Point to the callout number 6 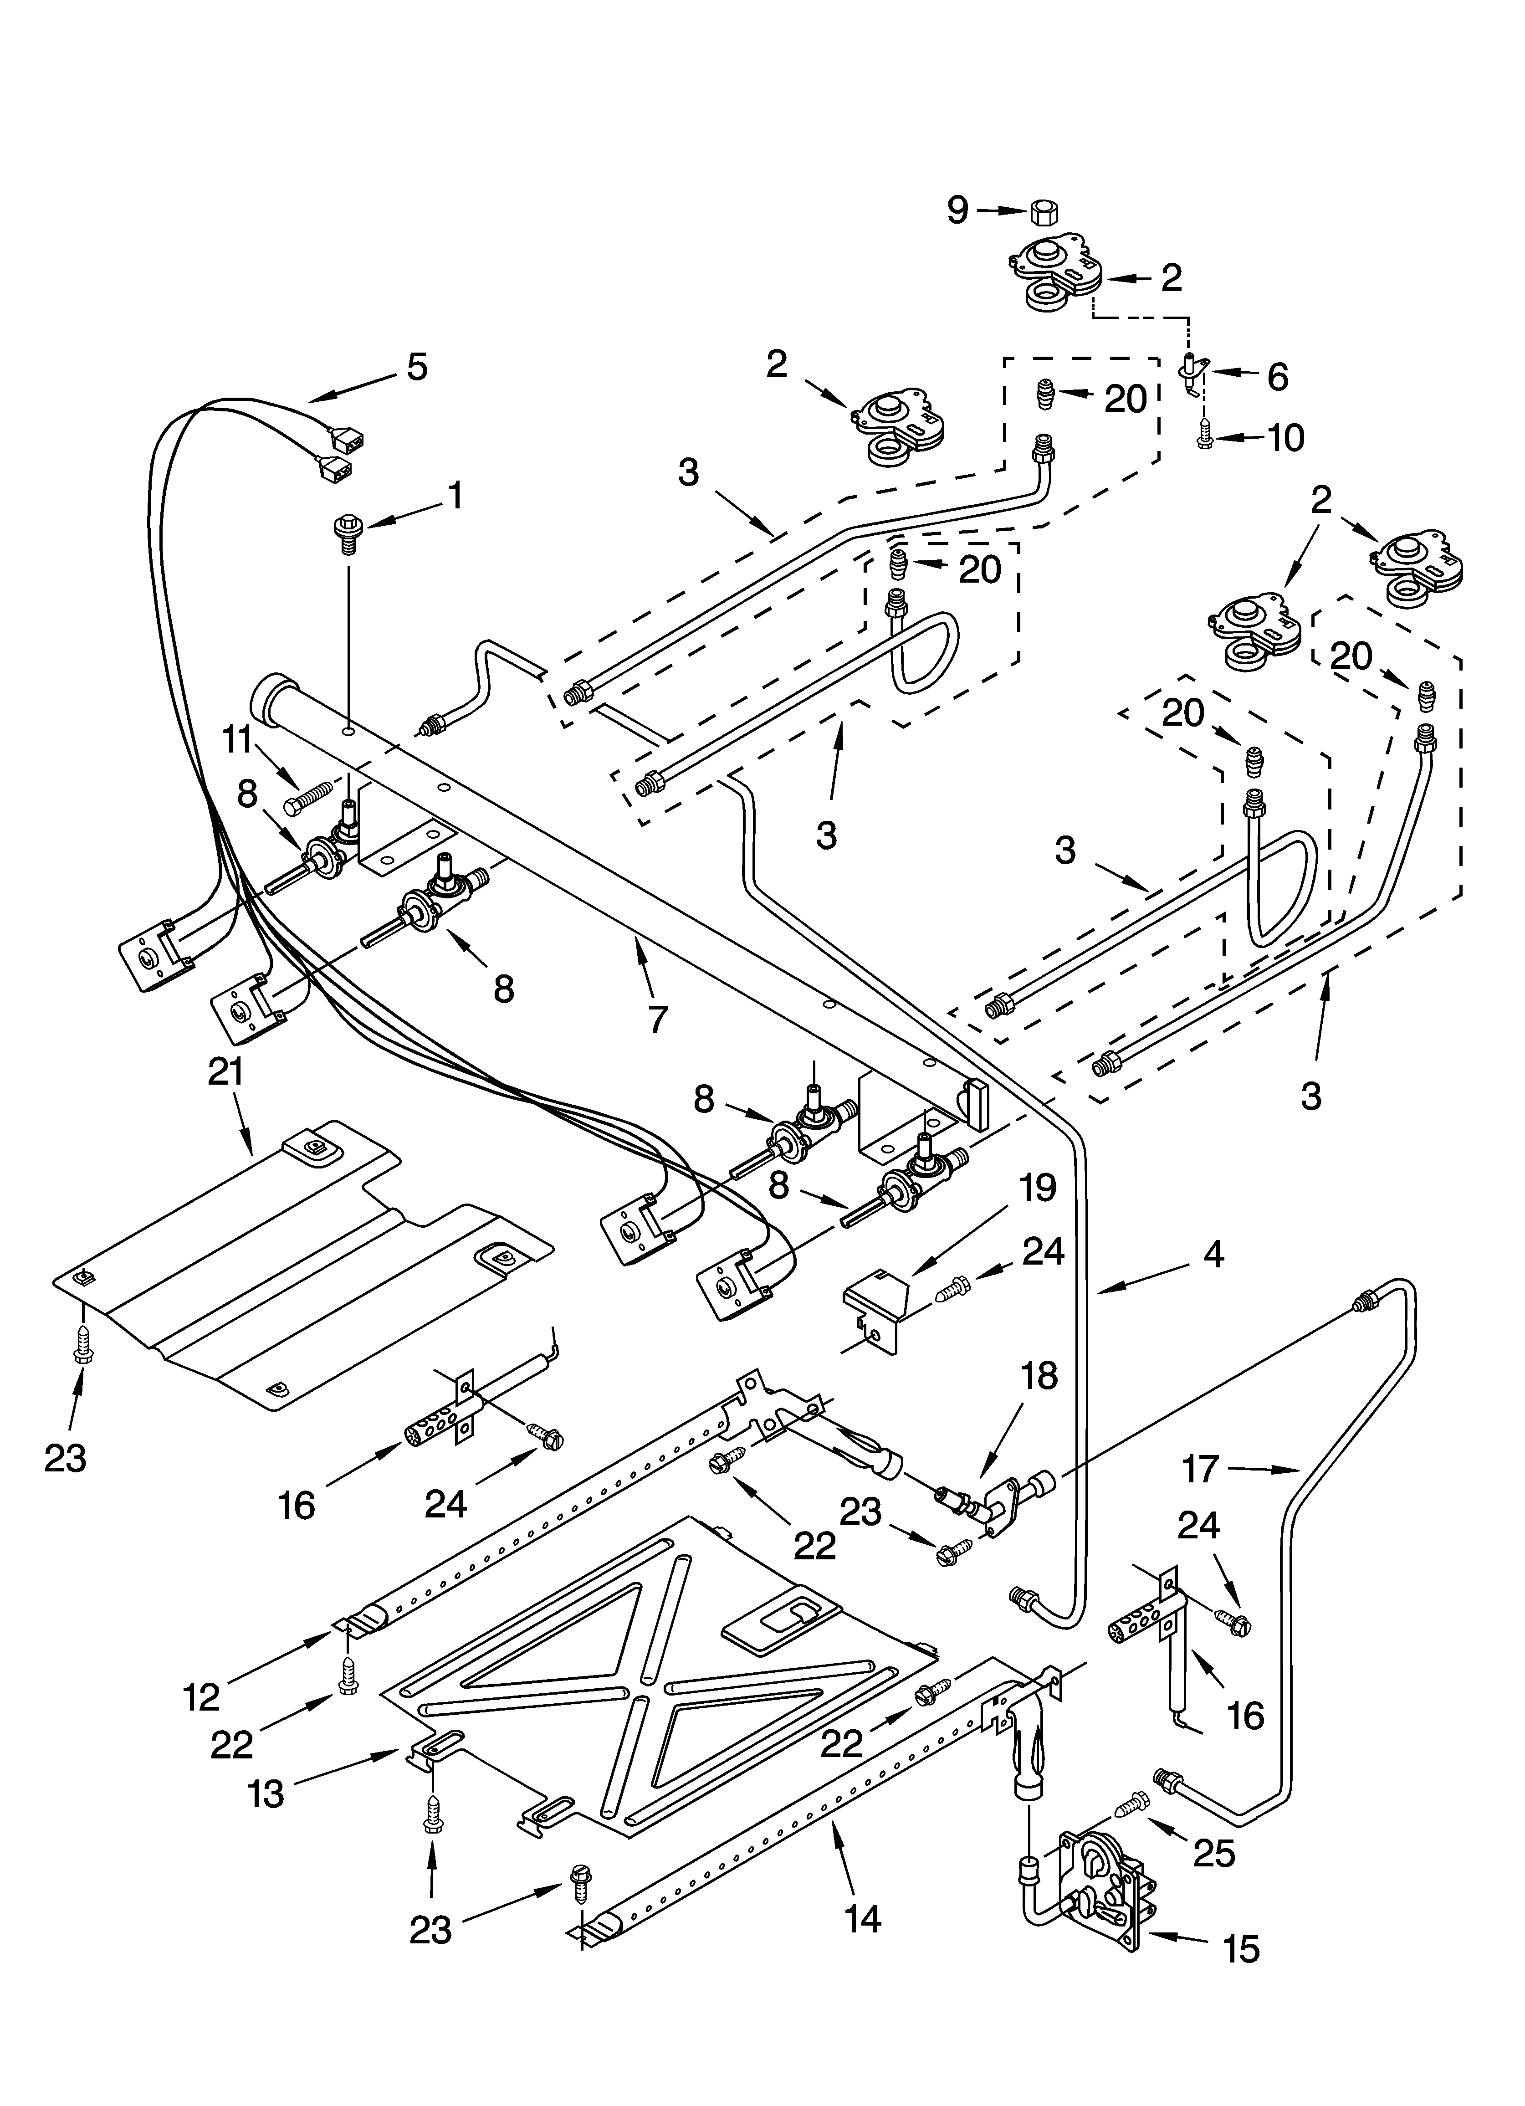(1278, 376)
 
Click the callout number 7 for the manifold (658, 1019)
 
